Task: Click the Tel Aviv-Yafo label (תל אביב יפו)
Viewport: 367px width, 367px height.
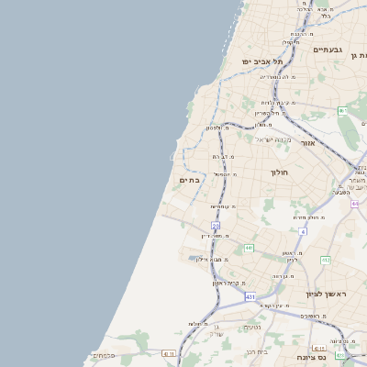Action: coord(261,61)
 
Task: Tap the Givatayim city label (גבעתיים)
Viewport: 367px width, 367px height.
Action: coord(328,50)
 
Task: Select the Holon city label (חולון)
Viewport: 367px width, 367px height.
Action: coord(280,172)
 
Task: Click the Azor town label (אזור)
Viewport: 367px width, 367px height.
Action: coord(307,143)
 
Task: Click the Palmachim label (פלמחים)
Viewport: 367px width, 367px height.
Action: coord(103,355)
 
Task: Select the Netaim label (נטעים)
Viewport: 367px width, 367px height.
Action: coord(252,328)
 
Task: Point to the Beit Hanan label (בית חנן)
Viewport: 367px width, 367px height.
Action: coord(256,350)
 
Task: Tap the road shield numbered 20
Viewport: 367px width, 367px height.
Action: coord(216,225)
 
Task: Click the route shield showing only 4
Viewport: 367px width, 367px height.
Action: coord(303,231)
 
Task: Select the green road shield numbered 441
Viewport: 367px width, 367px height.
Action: coord(249,248)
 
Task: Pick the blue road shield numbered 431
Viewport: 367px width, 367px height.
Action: coord(250,296)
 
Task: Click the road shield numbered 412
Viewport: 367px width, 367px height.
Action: coord(326,260)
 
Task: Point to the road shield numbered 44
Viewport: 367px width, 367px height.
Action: coord(354,204)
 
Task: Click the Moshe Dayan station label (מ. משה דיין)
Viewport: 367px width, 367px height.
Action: coord(215,236)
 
